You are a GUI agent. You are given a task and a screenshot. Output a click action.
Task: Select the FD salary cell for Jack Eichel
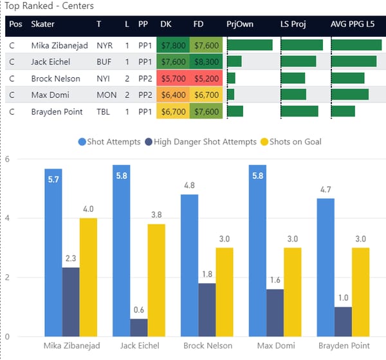206,62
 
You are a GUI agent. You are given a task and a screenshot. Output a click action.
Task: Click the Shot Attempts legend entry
109,142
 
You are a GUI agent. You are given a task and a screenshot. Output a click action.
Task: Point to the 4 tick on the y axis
7,218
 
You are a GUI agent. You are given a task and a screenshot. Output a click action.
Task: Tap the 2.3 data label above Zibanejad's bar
71,258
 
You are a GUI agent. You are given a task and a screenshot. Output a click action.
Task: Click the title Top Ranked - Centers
49,6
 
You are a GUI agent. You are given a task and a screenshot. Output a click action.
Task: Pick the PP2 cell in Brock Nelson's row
143,79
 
